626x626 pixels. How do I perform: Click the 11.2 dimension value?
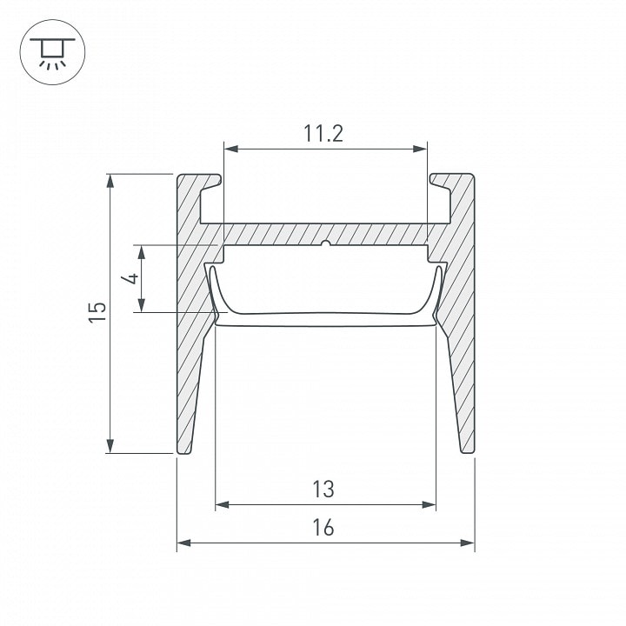click(323, 133)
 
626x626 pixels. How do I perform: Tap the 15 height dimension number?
click(97, 312)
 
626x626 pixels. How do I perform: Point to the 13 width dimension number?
click(323, 489)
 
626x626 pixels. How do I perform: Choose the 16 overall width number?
click(323, 528)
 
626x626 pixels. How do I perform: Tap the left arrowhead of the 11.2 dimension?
click(231, 149)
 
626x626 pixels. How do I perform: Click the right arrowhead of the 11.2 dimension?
click(420, 149)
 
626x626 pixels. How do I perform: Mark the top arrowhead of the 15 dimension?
click(110, 181)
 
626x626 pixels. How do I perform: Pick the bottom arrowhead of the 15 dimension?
click(110, 446)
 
